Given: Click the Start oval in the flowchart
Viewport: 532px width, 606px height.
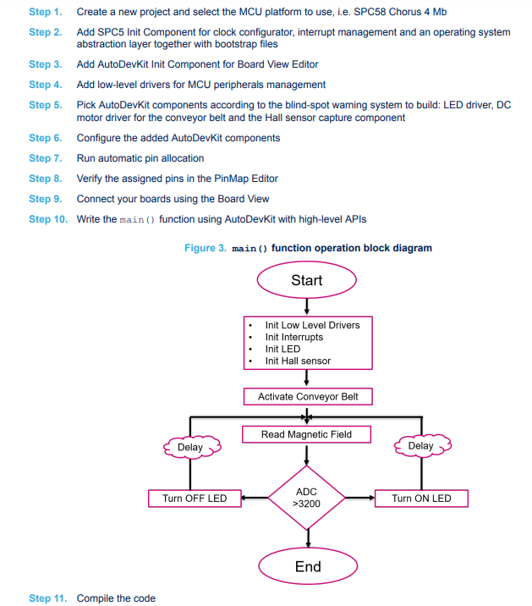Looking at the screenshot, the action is click(x=307, y=280).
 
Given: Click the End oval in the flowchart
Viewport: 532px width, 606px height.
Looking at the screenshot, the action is click(x=308, y=566).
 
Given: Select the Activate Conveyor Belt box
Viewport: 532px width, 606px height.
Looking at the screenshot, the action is click(x=308, y=397).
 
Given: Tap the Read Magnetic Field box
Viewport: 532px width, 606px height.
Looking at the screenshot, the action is click(x=306, y=434).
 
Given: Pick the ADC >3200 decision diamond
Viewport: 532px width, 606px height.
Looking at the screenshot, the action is click(x=306, y=498).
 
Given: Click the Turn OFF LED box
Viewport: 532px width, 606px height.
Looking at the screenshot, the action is click(x=195, y=499).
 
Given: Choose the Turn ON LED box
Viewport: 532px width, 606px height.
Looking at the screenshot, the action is click(x=421, y=499).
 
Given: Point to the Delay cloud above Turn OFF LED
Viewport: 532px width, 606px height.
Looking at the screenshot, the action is click(x=192, y=447).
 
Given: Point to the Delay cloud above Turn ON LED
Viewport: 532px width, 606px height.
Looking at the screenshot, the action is click(x=423, y=446).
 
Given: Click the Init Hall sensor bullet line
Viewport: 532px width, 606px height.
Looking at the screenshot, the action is click(x=298, y=361).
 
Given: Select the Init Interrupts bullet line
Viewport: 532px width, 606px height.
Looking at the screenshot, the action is click(x=294, y=338).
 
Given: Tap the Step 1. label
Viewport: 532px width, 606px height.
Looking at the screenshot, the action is click(x=46, y=12).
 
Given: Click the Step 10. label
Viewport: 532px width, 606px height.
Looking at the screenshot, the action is click(x=48, y=219).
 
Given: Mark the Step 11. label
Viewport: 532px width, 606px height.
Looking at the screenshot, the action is click(x=48, y=598).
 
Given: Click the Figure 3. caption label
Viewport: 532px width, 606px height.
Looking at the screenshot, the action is click(x=206, y=248).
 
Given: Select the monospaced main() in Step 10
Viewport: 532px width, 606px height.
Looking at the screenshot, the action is click(x=137, y=220).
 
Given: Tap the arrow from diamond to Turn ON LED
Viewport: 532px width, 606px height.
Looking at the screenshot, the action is click(x=360, y=498).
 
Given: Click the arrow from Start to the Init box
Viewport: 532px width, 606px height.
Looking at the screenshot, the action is click(x=307, y=306).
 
